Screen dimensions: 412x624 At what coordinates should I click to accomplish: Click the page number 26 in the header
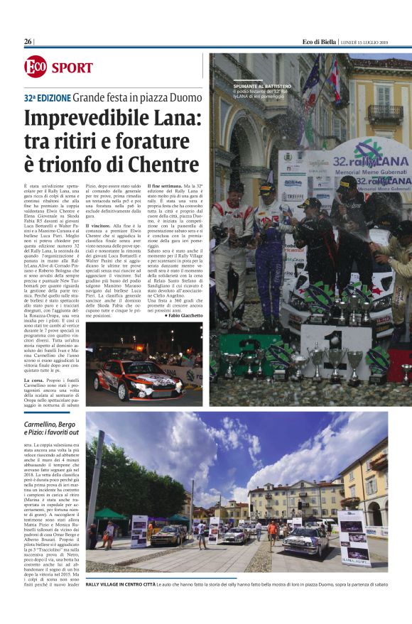pos(28,42)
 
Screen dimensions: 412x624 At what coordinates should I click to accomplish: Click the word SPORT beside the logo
pos(72,68)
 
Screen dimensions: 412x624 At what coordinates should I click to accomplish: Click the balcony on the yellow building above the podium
pos(384,113)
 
